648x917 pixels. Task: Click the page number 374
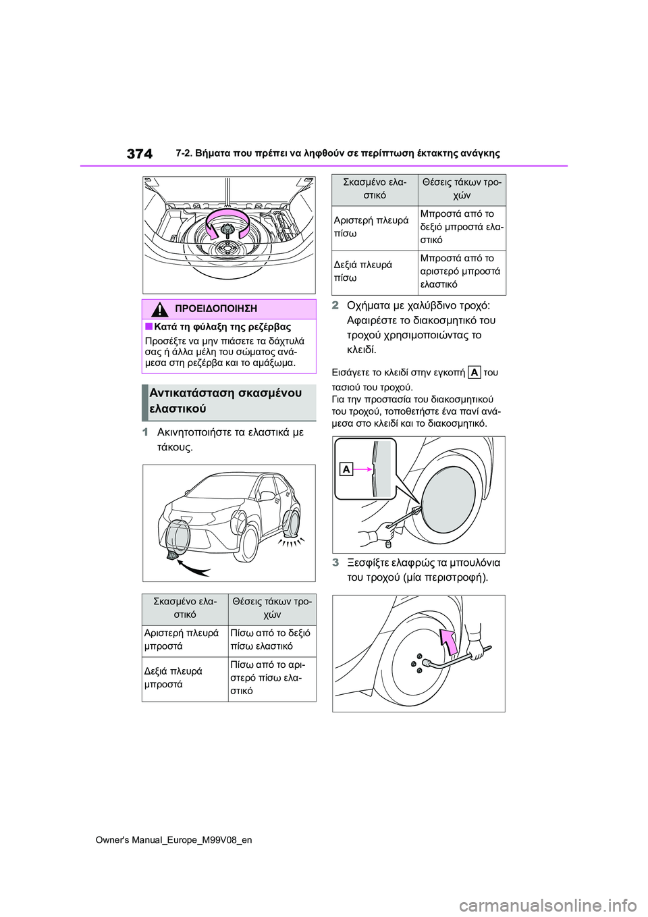139,153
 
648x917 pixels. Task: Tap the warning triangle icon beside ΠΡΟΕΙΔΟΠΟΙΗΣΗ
160,309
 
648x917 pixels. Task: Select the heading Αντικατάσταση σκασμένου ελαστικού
225,401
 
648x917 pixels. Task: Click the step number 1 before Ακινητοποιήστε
145,432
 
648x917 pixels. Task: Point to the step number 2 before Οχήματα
335,305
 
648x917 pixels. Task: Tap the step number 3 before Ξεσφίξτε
335,562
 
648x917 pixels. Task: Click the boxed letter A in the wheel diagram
346,469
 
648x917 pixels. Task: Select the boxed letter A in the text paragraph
475,372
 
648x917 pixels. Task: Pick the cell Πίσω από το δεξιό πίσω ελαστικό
271,639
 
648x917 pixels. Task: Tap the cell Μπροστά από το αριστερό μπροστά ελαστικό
462,271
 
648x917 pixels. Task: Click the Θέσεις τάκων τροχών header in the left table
271,608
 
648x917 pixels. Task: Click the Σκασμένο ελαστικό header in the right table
375,188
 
